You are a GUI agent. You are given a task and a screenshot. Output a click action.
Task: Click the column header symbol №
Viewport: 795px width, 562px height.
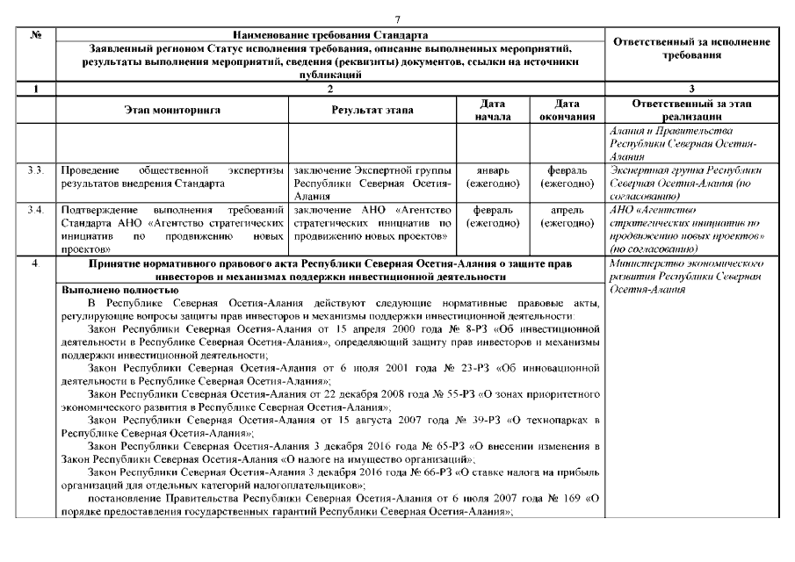pyautogui.click(x=38, y=32)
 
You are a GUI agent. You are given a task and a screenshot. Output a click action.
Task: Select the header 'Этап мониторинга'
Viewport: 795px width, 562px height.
pyautogui.click(x=171, y=110)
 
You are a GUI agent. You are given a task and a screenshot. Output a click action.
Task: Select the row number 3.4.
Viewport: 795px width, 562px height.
pyautogui.click(x=36, y=211)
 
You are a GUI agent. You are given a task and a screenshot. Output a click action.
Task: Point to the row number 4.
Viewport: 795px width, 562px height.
pyautogui.click(x=35, y=263)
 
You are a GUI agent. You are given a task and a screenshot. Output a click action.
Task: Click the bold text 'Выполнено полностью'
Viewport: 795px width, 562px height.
pyautogui.click(x=119, y=289)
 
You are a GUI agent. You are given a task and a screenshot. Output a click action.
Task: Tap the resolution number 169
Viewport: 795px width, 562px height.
pyautogui.click(x=570, y=499)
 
